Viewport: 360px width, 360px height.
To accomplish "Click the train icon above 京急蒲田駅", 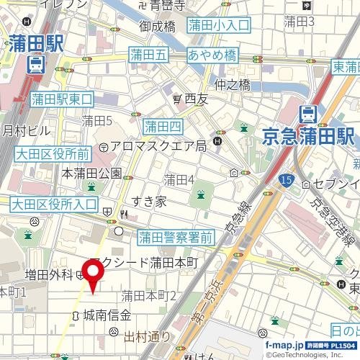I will point(309,113).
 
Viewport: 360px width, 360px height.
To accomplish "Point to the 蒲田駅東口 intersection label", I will point(63,99).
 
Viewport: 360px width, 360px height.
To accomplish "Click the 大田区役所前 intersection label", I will point(52,153).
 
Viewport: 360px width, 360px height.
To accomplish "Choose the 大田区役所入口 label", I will point(55,204).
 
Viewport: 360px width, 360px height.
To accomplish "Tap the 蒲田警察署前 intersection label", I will point(176,236).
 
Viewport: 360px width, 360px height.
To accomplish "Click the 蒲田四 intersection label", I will point(163,127).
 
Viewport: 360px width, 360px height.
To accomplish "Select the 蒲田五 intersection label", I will point(148,54).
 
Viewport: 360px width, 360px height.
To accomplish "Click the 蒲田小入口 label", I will point(218,26).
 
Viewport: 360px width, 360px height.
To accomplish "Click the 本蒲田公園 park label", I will point(91,174).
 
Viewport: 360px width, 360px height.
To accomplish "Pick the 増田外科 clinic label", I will point(49,274).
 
